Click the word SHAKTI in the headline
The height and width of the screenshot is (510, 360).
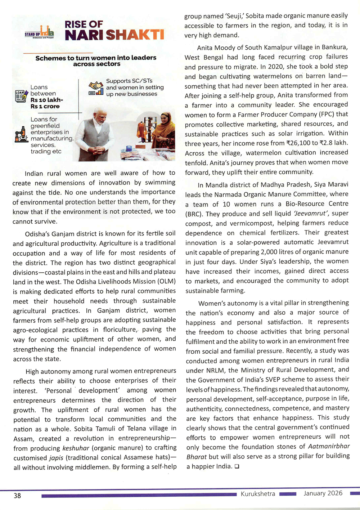[x=135, y=35]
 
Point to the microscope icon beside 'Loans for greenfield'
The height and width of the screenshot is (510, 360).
[x=21, y=135]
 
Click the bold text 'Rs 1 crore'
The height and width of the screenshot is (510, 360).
[x=45, y=107]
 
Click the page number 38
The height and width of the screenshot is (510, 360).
[x=17, y=496]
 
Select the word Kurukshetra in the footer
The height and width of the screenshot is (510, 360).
[x=258, y=493]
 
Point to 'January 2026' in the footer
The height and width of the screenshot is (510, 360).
[x=323, y=493]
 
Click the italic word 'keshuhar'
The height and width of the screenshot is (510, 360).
[x=76, y=448]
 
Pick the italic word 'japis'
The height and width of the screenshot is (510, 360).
[x=56, y=458]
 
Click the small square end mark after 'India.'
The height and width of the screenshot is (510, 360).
[x=237, y=466]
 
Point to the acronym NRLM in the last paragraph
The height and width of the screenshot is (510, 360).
[x=215, y=370]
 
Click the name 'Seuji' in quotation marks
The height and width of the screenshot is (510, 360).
[x=234, y=16]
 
